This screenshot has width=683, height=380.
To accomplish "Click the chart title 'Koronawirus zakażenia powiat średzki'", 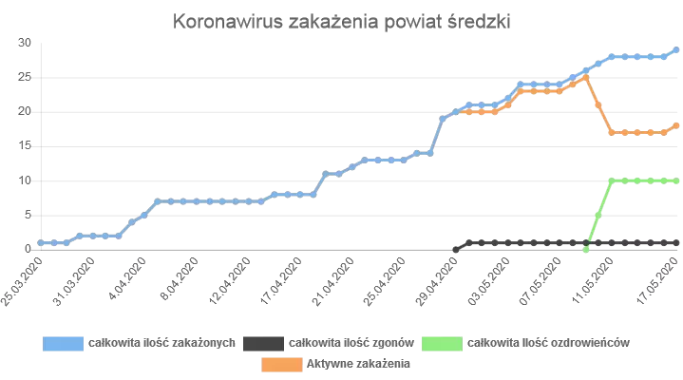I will (342, 22).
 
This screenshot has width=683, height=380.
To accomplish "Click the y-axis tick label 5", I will (28, 214).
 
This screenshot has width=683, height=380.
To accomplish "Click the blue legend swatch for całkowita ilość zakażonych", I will (63, 342).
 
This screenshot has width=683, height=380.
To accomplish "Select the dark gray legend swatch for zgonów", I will (263, 342).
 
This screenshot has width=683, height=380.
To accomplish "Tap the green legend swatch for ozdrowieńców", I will (443, 342).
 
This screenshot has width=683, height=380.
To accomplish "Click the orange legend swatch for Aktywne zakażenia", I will (280, 363).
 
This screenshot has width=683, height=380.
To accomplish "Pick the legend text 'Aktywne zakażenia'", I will (357, 363).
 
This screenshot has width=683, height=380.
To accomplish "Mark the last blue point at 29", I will (676, 49).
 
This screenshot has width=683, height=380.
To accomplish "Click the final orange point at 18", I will (676, 124).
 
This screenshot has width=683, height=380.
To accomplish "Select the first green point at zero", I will (585, 249).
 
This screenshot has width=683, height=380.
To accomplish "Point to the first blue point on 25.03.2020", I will (40, 242).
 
